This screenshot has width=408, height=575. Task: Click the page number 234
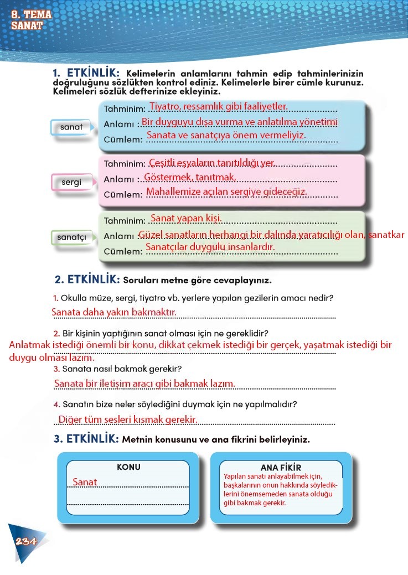pyautogui.click(x=26, y=541)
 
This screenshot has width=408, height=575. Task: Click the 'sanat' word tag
pyautogui.click(x=71, y=127)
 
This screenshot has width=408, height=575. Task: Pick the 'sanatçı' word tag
pyautogui.click(x=72, y=237)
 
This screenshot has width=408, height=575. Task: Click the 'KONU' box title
pyautogui.click(x=128, y=467)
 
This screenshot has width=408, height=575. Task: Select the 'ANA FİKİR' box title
pyautogui.click(x=281, y=468)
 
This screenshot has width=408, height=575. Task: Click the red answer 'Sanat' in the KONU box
pyautogui.click(x=85, y=482)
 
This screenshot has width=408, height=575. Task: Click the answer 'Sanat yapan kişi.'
pyautogui.click(x=186, y=218)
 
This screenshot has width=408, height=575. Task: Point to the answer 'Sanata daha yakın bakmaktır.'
pyautogui.click(x=114, y=312)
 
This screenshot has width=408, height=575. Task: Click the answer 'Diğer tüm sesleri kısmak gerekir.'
pyautogui.click(x=128, y=419)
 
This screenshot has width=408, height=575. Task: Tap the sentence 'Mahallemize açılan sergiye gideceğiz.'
pyautogui.click(x=226, y=191)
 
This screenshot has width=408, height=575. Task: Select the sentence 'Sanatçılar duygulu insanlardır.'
pyautogui.click(x=210, y=247)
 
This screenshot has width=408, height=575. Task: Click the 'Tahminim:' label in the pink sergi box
pyautogui.click(x=125, y=164)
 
